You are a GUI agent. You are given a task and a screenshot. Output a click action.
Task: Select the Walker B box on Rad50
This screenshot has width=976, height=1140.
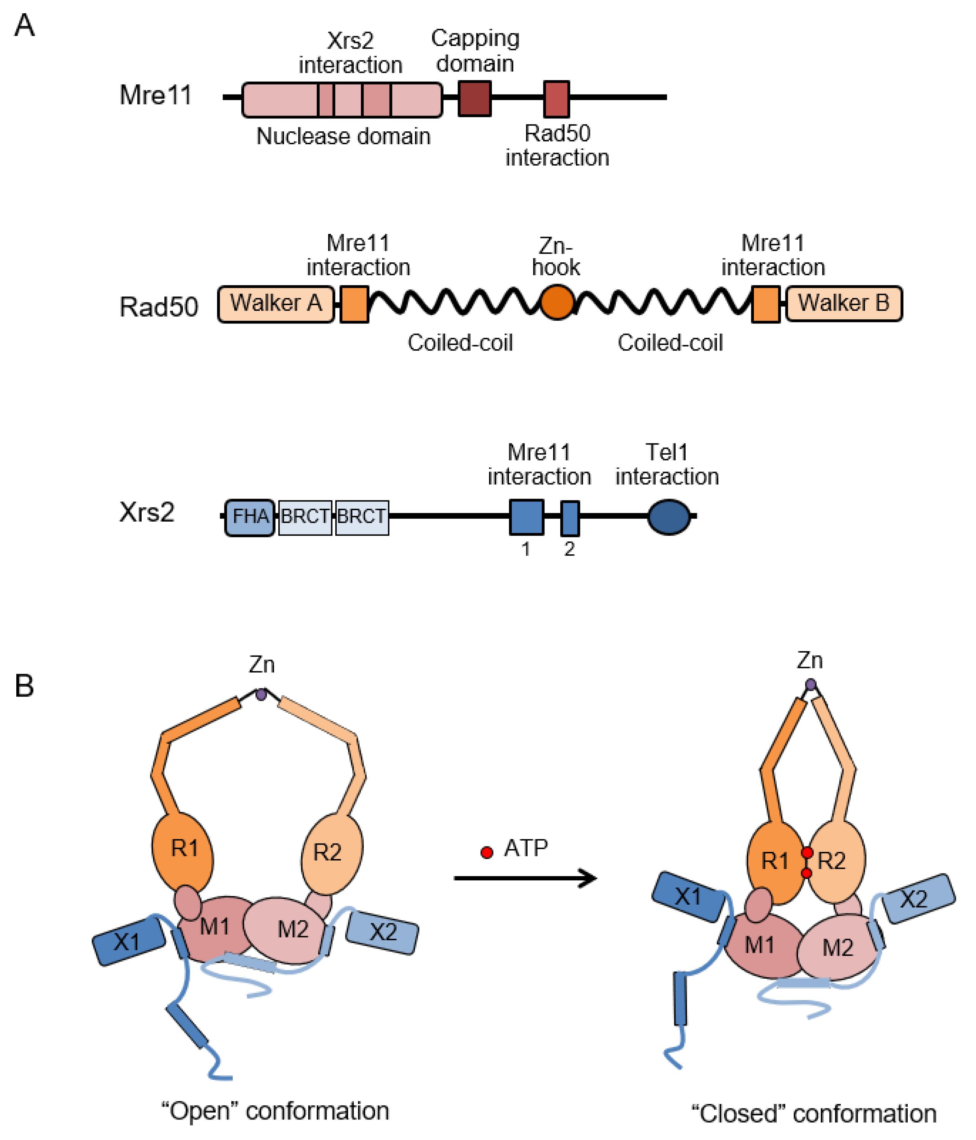click(844, 304)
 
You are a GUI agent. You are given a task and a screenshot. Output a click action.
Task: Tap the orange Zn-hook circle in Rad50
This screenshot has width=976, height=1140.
click(557, 302)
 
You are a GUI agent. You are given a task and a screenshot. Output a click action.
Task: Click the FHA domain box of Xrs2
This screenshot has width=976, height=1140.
click(250, 517)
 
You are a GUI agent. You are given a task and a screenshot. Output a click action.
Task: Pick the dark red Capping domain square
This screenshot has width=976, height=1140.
click(474, 98)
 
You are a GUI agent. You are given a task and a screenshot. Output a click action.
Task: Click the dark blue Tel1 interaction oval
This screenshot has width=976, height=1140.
click(669, 517)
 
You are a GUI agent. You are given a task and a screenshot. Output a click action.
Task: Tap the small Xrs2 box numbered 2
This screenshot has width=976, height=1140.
click(569, 518)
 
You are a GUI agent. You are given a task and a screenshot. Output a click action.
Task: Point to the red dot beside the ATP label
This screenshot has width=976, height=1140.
click(486, 853)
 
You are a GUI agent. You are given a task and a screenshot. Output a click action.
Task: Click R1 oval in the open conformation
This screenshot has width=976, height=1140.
click(183, 849)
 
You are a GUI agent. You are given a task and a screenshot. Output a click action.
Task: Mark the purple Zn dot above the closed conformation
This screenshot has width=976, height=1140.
click(810, 684)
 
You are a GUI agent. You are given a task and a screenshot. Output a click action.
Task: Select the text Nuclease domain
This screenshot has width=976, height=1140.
click(343, 136)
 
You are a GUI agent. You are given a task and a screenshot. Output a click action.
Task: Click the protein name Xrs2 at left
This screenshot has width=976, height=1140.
click(147, 512)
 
